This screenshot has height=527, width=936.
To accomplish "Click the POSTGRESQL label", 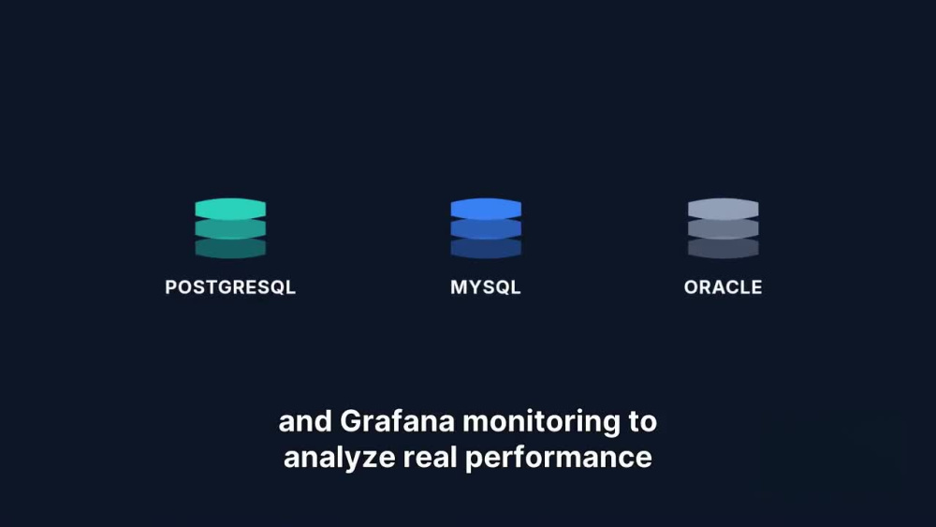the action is (230, 287).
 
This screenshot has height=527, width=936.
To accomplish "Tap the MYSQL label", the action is (486, 287).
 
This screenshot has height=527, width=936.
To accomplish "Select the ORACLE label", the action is (723, 287).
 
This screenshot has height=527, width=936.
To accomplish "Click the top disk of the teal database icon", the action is (230, 209).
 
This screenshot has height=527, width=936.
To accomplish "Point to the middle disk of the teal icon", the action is (230, 229).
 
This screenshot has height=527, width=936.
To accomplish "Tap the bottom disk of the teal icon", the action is (230, 248).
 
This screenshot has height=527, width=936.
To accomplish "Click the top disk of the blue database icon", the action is (486, 209).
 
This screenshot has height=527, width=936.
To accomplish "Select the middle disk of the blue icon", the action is (486, 229).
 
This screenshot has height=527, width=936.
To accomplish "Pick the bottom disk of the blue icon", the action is (486, 248).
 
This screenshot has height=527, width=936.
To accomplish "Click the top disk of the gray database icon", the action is (723, 209).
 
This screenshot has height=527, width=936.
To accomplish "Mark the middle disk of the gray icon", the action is (723, 229).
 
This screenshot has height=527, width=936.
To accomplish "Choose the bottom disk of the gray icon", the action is (723, 248).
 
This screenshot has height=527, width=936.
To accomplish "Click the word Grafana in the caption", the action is (397, 421).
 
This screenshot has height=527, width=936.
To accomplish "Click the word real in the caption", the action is (430, 457).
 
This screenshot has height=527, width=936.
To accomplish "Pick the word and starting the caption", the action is (305, 421).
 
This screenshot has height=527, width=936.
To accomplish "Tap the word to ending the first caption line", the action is (643, 422).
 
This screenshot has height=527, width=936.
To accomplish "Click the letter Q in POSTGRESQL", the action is (277, 287).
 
